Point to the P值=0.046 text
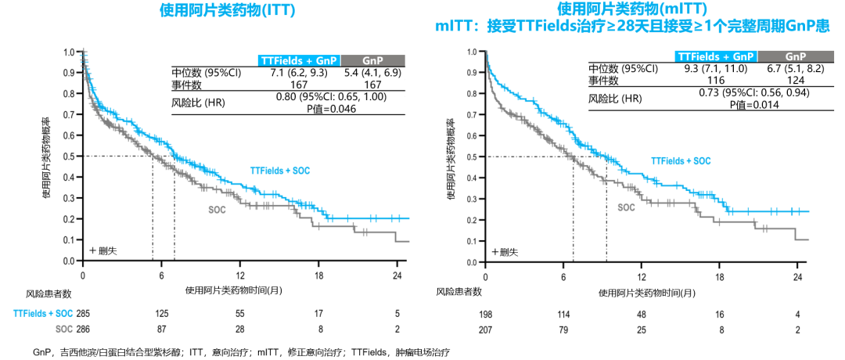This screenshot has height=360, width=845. tap(332, 109)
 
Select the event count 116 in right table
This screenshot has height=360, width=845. tap(714, 81)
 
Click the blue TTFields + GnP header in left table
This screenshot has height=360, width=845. tap(299, 61)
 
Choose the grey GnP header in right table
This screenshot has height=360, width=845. tap(795, 56)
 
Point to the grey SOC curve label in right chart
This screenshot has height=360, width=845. tap(626, 207)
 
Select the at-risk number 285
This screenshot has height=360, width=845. tap(84, 312)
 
